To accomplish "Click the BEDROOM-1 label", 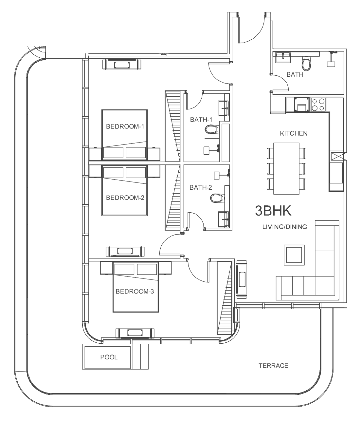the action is pyautogui.click(x=125, y=127).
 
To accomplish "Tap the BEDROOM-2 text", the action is pyautogui.click(x=125, y=198).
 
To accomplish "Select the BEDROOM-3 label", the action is pyautogui.click(x=135, y=292).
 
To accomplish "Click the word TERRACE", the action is pyautogui.click(x=274, y=366).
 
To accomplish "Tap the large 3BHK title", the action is pyautogui.click(x=273, y=211).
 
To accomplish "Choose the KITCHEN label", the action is pyautogui.click(x=294, y=133).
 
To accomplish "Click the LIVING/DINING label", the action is pyautogui.click(x=284, y=227).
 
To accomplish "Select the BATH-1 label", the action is pyautogui.click(x=201, y=120).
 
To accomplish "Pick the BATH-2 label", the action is pyautogui.click(x=201, y=187).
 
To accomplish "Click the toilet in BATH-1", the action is pyautogui.click(x=212, y=129).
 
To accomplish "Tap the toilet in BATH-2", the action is pyautogui.click(x=217, y=198).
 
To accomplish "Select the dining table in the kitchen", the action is pyautogui.click(x=286, y=169).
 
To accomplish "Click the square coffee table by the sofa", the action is pyautogui.click(x=294, y=255).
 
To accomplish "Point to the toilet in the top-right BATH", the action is pyautogui.click(x=307, y=64).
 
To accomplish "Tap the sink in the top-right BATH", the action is pyautogui.click(x=283, y=58).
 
